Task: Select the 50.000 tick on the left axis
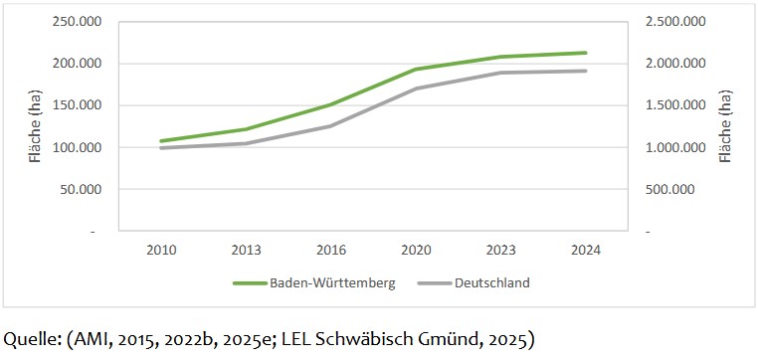[84, 189]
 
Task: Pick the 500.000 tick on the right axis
[679, 189]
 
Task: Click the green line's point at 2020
[416, 70]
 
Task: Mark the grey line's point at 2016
[331, 126]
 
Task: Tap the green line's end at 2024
[586, 53]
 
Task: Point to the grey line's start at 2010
[161, 148]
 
